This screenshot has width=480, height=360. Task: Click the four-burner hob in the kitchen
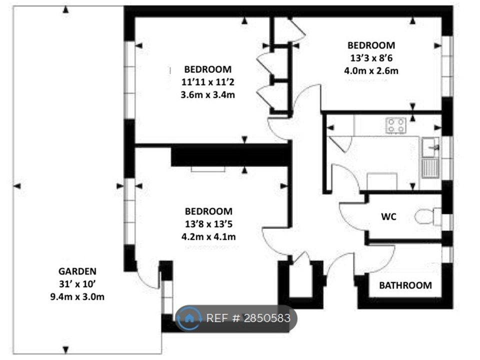[x=396, y=125]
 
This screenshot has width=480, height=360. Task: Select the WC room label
[x=388, y=216]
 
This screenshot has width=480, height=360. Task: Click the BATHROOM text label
[x=405, y=285]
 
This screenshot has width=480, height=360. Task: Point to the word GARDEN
[x=77, y=271]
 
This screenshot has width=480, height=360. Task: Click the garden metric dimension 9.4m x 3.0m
[x=77, y=296]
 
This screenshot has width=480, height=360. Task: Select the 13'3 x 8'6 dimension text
[x=371, y=58]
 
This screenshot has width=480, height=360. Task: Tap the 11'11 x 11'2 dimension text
[x=208, y=82]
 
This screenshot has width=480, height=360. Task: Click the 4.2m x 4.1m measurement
[x=208, y=236]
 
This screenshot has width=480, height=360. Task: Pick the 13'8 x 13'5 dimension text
[x=208, y=224]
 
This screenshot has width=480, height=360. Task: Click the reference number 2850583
[x=267, y=318]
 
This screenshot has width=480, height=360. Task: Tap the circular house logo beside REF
[x=189, y=318]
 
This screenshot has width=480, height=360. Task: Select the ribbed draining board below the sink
[x=430, y=168]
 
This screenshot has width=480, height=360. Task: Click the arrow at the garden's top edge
[x=65, y=10]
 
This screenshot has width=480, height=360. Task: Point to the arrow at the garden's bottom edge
[x=65, y=349]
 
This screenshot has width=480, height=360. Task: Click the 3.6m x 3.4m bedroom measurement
[x=208, y=94]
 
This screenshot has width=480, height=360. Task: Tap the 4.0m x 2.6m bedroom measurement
[x=371, y=70]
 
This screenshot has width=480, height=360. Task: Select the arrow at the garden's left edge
[x=17, y=186]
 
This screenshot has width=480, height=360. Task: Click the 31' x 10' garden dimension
[x=77, y=284]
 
